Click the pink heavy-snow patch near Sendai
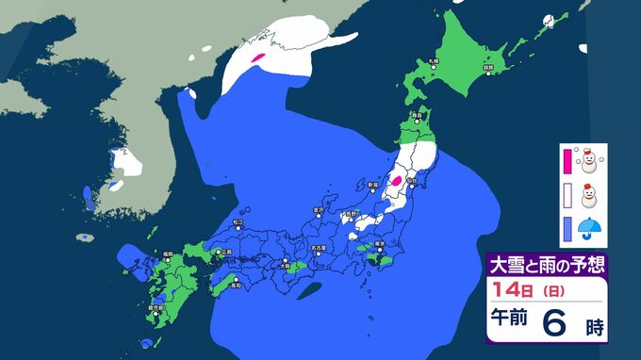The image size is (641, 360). tap(396, 178)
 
